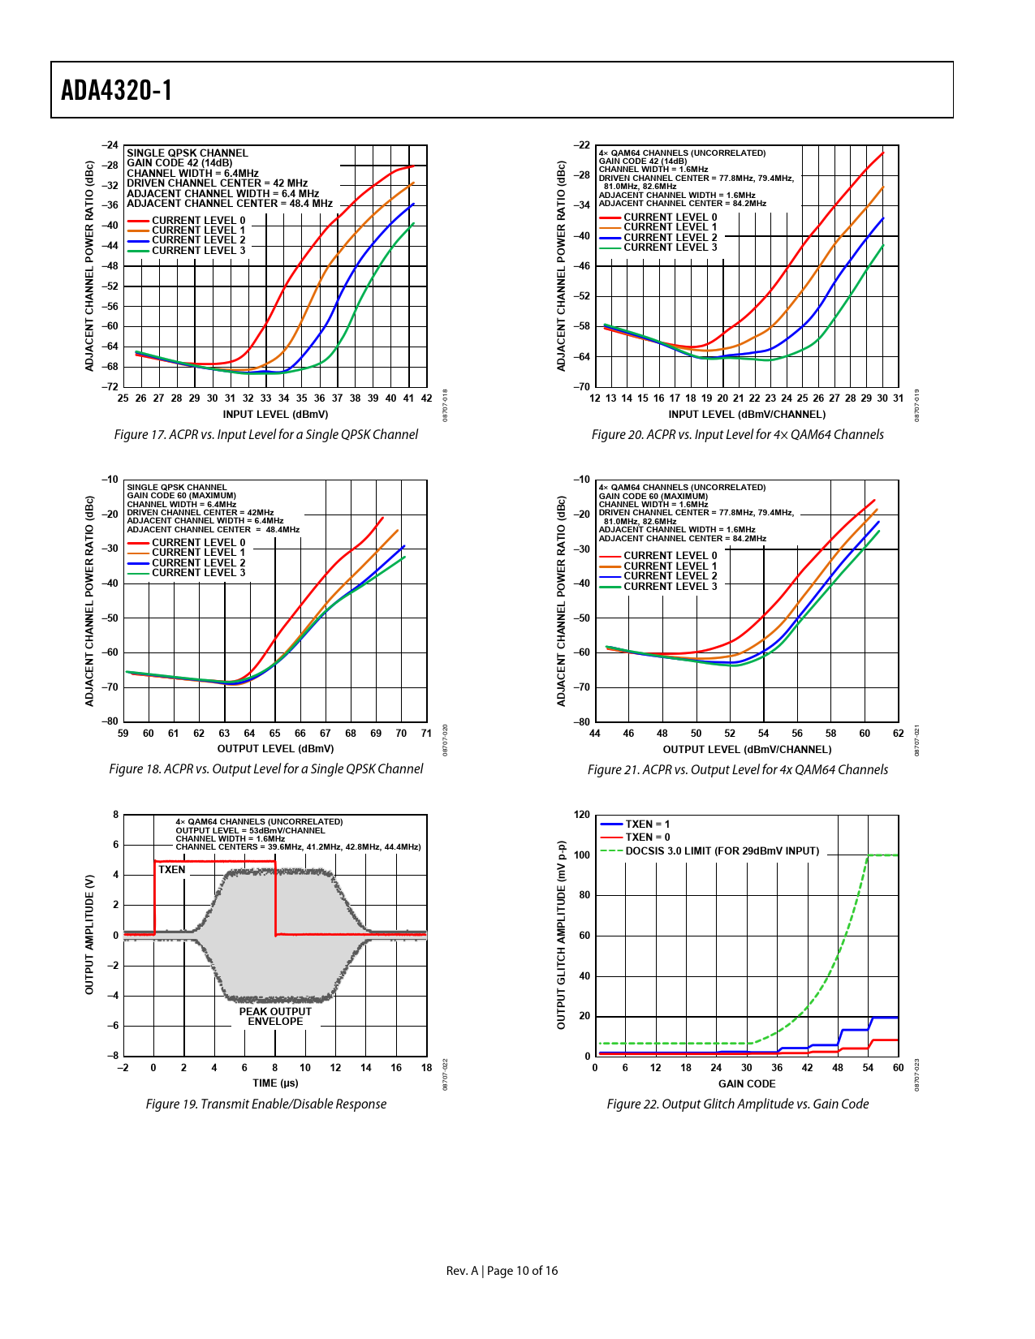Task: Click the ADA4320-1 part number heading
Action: [x=117, y=90]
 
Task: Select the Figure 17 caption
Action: [x=265, y=435]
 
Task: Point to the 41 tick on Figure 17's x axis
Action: [x=408, y=398]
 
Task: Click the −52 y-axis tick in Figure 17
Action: [x=110, y=286]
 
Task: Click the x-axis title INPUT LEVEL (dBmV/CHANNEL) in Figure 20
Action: [x=747, y=415]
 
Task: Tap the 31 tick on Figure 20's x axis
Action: [x=898, y=398]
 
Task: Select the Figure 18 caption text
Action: [x=265, y=769]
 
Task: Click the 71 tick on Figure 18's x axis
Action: [x=426, y=734]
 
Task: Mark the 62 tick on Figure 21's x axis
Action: [x=898, y=734]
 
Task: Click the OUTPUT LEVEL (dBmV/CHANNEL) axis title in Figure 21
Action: [x=747, y=750]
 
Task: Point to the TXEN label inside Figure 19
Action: [x=172, y=870]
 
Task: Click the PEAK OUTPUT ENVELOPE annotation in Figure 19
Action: [x=275, y=1017]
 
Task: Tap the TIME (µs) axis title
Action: [x=275, y=1083]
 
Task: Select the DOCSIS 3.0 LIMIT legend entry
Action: [x=722, y=851]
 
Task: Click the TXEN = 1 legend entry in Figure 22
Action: [x=647, y=824]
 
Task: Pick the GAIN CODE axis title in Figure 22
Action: [x=747, y=1084]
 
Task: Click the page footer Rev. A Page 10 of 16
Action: [x=502, y=1271]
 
